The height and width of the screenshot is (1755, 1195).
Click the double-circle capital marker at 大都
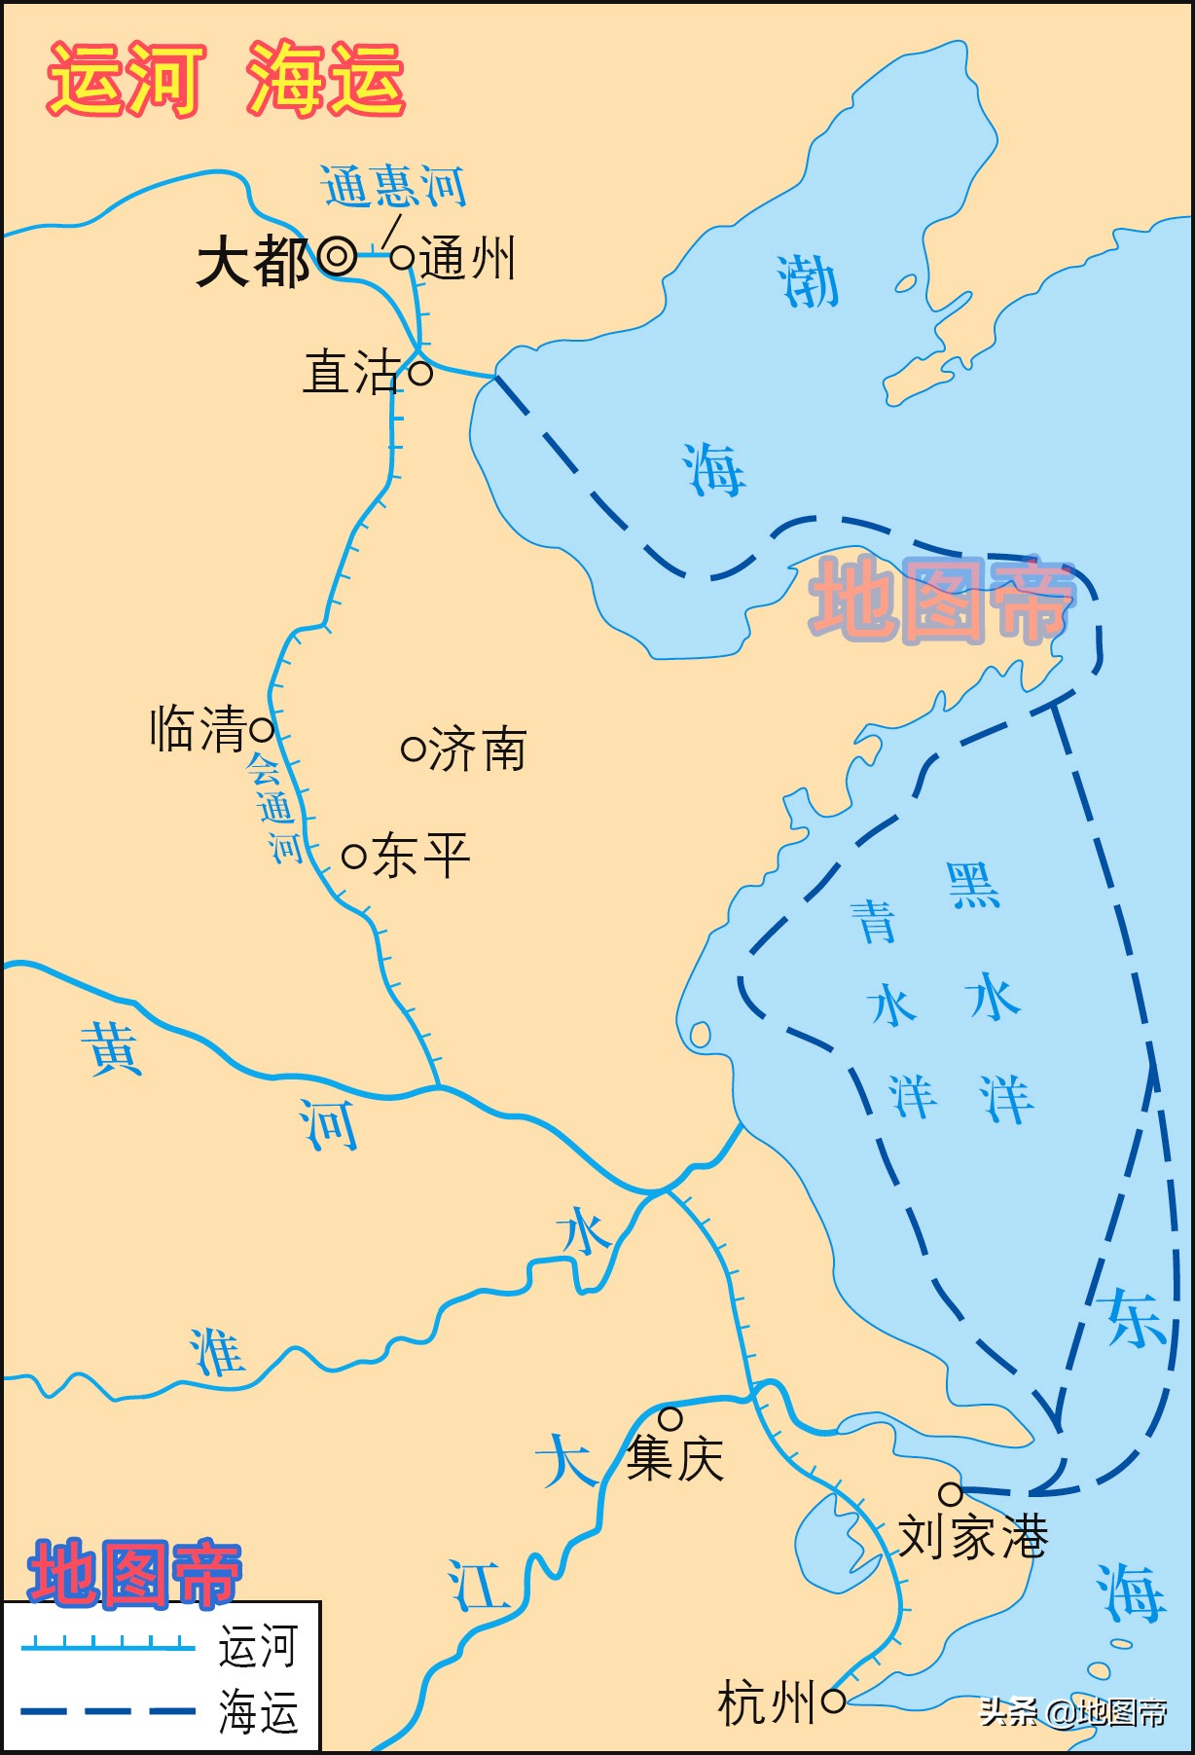pos(338,257)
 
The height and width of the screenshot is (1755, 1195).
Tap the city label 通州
pos(468,260)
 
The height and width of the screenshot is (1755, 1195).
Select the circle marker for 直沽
pos(420,372)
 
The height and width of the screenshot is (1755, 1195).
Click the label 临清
pos(198,729)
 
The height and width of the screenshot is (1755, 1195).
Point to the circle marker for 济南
pos(414,749)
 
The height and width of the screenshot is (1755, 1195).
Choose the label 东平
pos(420,856)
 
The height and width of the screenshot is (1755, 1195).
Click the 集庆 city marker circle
pos(670,1418)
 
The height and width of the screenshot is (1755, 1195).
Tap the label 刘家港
pos(971,1537)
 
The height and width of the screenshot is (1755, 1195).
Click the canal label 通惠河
pos(394,186)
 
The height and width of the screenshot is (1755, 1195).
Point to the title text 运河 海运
pos(226,80)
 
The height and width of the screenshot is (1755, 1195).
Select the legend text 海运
pos(258,1712)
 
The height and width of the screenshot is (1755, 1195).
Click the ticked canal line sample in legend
pos(107,1645)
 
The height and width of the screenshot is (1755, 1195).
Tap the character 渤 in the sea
pos(808,282)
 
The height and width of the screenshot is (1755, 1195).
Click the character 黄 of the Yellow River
pos(112,1047)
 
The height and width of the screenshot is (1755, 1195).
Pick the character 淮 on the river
pos(216,1352)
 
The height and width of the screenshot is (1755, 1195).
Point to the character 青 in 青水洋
pos(873,921)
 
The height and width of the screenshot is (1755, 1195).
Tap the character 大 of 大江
pos(564,1460)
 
